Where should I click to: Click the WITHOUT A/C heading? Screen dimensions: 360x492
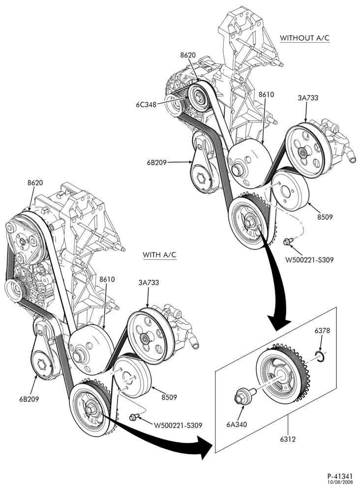click(305, 38)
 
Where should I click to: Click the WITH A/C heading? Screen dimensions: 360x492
click(160, 254)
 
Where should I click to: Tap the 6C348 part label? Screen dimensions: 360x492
click(146, 104)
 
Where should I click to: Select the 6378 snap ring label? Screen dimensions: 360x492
click(322, 331)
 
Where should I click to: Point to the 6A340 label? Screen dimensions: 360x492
click(237, 425)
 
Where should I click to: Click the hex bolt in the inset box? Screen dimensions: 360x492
click(243, 396)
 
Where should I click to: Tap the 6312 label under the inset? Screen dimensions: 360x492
click(288, 439)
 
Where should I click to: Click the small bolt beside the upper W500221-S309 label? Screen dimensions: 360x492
click(288, 242)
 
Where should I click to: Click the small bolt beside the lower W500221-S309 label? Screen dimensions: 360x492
click(134, 417)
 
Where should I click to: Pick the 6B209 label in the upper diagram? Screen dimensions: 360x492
click(156, 162)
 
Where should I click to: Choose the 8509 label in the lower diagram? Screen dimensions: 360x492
click(169, 397)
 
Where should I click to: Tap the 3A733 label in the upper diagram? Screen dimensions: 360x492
click(308, 97)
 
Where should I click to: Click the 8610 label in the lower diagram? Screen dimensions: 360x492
click(107, 279)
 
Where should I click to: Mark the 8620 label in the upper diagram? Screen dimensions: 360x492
click(188, 55)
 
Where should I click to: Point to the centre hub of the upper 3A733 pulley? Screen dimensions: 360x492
click(303, 154)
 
